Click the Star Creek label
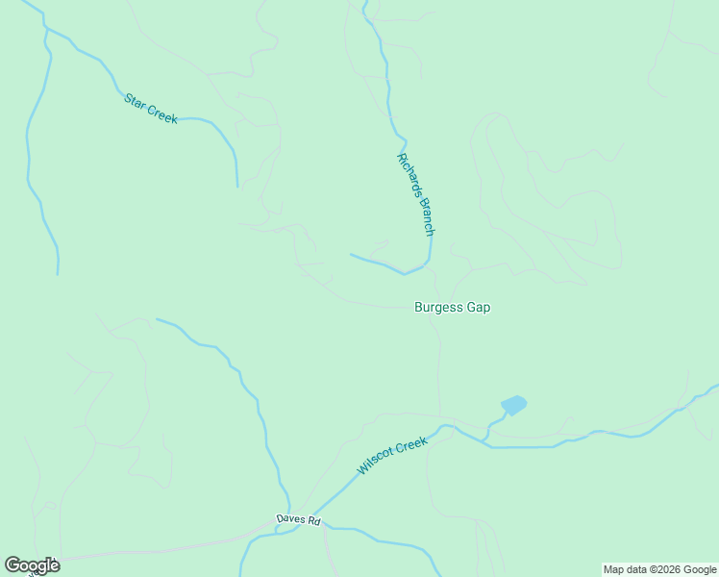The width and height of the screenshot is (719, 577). click(x=151, y=107)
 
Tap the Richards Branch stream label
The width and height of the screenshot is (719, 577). click(x=416, y=194)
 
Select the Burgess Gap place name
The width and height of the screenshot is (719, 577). click(x=446, y=308)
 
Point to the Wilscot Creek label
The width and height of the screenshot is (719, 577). click(x=392, y=455)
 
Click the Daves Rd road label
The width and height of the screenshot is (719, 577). click(x=298, y=519)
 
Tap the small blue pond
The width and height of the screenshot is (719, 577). click(x=514, y=405)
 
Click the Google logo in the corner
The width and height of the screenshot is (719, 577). click(x=32, y=565)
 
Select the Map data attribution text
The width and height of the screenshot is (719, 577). click(x=659, y=569)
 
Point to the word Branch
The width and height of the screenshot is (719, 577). click(x=425, y=217)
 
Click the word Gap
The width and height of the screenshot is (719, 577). click(x=479, y=308)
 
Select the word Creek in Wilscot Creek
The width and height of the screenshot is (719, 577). click(x=410, y=446)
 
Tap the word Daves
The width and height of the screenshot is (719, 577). click(x=290, y=518)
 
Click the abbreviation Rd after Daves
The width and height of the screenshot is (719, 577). click(x=313, y=521)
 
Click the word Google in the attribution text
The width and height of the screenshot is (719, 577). click(x=698, y=569)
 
